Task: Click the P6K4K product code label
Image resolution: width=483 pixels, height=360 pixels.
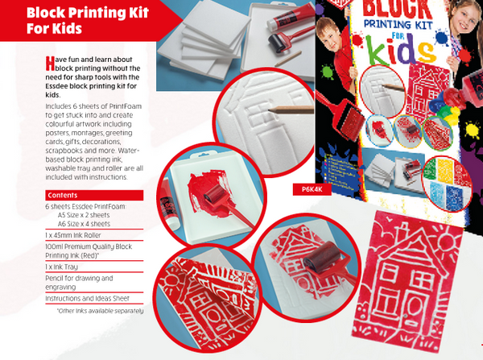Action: click(x=312, y=189)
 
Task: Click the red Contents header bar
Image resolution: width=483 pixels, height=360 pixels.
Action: click(x=94, y=195)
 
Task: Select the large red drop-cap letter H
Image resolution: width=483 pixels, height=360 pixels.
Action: click(x=50, y=63)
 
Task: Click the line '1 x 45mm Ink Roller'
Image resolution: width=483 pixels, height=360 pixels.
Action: click(x=73, y=235)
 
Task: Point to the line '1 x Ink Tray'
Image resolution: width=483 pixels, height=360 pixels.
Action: click(x=62, y=267)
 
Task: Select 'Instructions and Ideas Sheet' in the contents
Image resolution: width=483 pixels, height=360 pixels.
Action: click(x=87, y=298)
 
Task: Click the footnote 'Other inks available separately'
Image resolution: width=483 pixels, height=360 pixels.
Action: click(x=100, y=311)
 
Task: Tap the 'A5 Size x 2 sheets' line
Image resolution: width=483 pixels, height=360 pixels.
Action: click(x=84, y=215)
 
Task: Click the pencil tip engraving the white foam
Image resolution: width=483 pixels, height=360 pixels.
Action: click(x=270, y=110)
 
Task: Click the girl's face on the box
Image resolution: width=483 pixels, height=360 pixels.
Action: click(x=464, y=16)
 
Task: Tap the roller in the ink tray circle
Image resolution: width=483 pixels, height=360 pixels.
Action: click(x=215, y=194)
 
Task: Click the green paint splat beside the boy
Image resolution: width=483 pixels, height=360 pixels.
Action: click(x=327, y=72)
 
